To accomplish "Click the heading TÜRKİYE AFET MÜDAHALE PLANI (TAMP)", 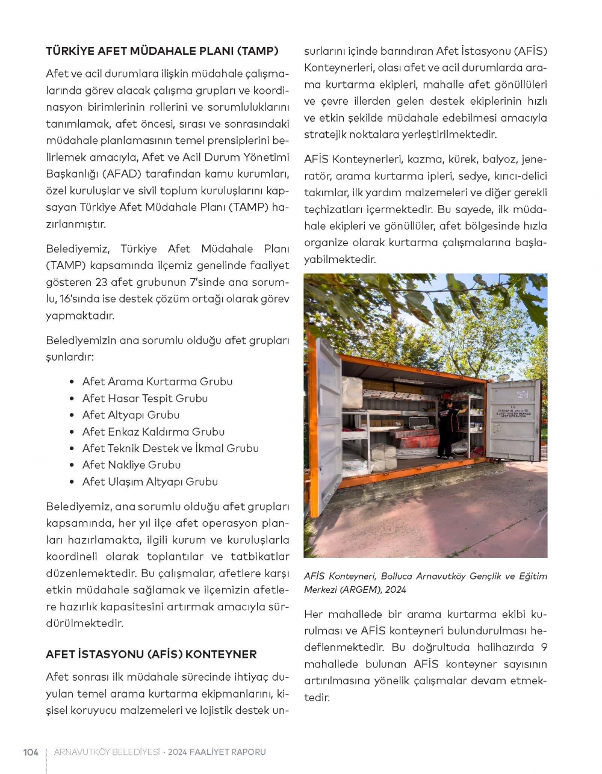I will click(x=162, y=51).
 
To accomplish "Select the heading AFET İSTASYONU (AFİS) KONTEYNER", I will click(x=151, y=654).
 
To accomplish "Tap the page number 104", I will click(x=31, y=752).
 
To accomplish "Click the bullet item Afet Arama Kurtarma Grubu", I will click(x=157, y=382).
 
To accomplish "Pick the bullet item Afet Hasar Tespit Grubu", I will click(x=145, y=398).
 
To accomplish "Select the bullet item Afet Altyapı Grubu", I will click(x=131, y=415).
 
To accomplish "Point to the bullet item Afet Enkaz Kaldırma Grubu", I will click(x=154, y=432).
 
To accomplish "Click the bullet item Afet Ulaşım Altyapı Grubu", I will click(x=150, y=482).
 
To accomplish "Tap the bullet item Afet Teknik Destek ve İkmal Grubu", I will click(x=170, y=448).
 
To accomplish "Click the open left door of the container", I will click(x=327, y=421).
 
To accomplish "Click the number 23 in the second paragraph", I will click(x=101, y=282).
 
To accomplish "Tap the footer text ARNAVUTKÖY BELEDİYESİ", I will click(x=107, y=752).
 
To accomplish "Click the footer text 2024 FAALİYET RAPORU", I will click(x=217, y=752).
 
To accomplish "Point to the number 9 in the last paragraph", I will click(x=544, y=648).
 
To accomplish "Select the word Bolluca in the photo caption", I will click(x=397, y=576).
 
